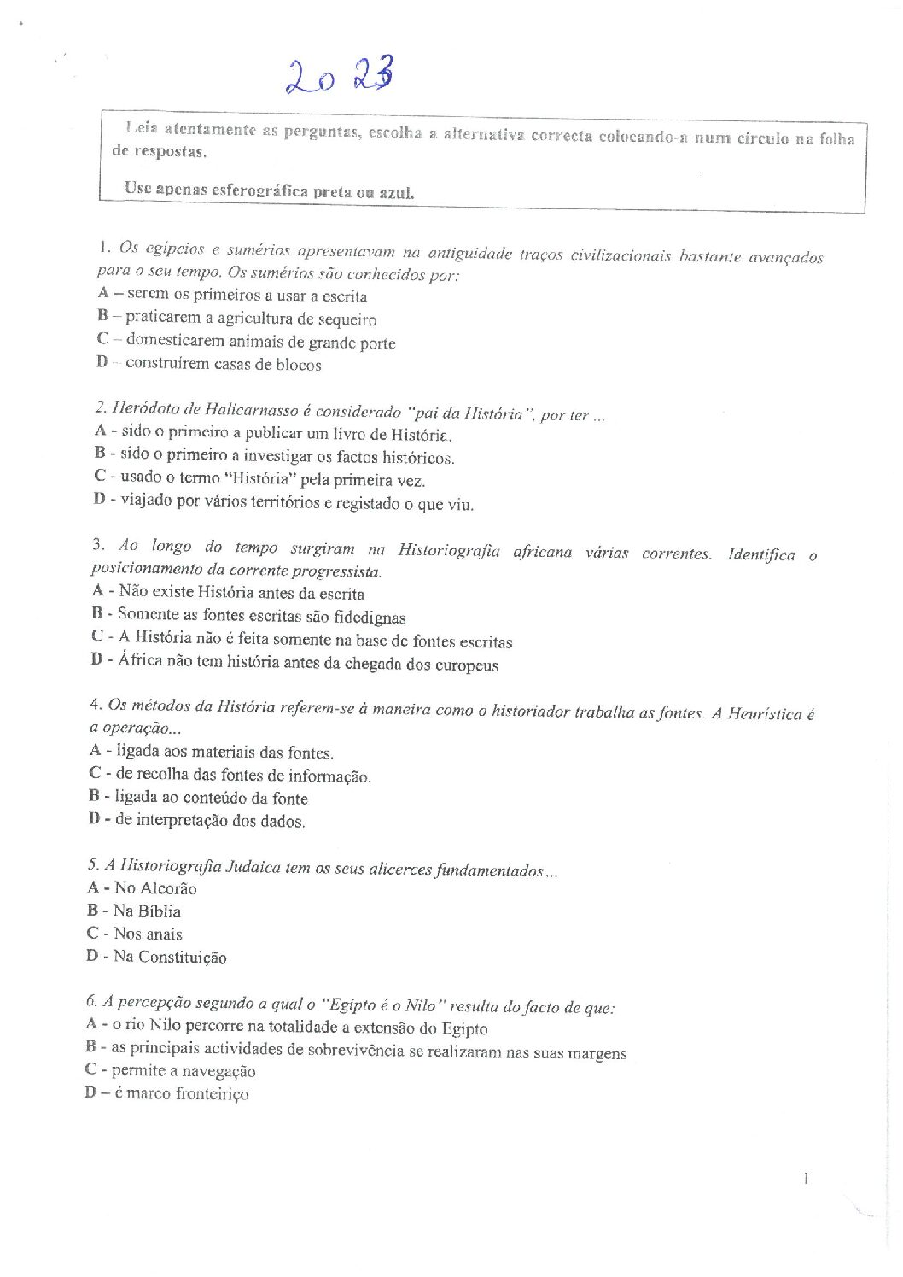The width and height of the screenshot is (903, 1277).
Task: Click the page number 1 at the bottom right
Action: pos(806,1179)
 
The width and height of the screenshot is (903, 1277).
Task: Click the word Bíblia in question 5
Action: pos(159,911)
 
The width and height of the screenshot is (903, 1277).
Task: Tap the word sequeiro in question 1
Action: pos(347,319)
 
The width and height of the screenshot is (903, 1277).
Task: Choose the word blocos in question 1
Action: pos(299,365)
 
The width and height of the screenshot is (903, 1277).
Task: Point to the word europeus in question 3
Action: pos(464,665)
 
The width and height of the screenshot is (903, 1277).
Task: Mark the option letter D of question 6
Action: pos(90,1093)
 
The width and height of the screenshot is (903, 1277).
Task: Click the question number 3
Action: pos(98,545)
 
